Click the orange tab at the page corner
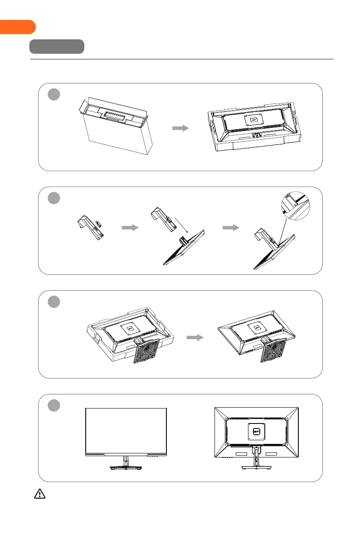click(x=17, y=27)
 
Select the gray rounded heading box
click(x=57, y=47)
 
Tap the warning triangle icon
click(x=40, y=494)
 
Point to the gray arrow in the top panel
click(x=180, y=129)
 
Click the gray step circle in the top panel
click(x=54, y=94)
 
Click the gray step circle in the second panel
click(x=54, y=198)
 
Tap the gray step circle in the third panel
click(x=54, y=302)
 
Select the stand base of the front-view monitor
click(x=126, y=467)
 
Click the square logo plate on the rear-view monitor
click(x=256, y=431)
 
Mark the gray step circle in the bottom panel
click(x=54, y=406)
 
